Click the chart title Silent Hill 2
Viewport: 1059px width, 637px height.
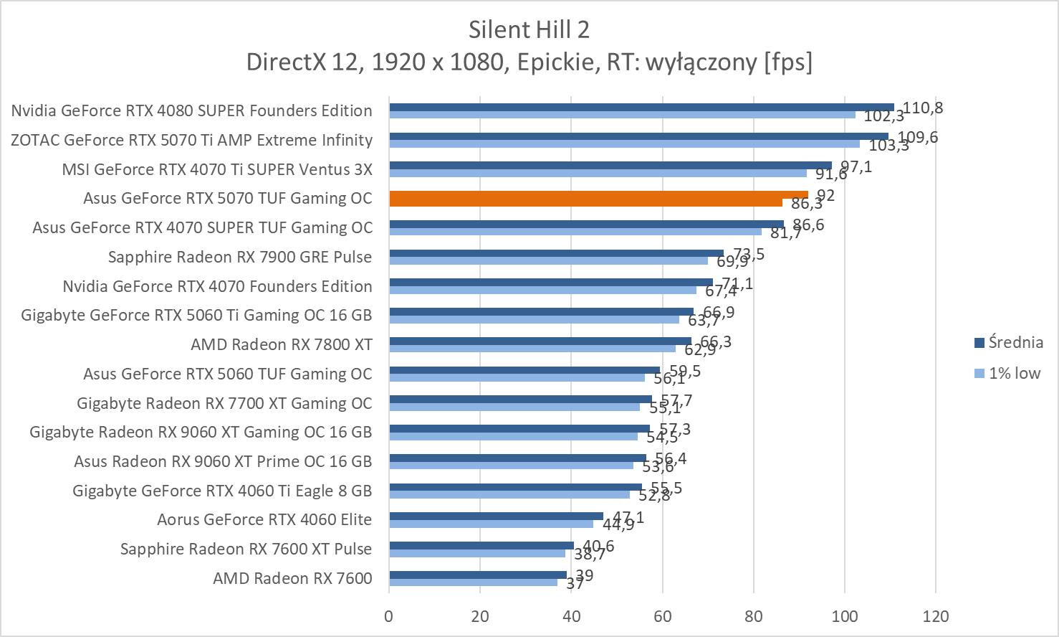point(529,29)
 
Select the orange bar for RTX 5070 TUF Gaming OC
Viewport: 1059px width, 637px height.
point(598,198)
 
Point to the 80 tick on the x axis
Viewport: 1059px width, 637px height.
point(754,616)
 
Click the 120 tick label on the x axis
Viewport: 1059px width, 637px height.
point(936,616)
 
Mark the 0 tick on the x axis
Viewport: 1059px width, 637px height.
point(389,616)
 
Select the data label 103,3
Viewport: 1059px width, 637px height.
point(888,145)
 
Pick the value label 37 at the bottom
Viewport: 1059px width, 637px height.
point(575,584)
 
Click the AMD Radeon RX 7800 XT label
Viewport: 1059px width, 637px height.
point(281,344)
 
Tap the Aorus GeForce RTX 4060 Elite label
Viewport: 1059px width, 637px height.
point(264,519)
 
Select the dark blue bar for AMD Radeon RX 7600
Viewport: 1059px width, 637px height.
point(477,575)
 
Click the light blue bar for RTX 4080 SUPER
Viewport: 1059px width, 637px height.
point(622,115)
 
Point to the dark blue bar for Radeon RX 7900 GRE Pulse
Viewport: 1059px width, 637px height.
point(556,253)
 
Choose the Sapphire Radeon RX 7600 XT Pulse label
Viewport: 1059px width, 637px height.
point(246,549)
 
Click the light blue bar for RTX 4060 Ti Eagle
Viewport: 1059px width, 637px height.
point(509,494)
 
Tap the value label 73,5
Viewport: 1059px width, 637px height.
point(749,254)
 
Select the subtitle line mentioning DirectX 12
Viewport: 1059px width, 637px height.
point(529,62)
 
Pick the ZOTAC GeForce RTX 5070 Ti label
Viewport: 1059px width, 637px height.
point(191,140)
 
